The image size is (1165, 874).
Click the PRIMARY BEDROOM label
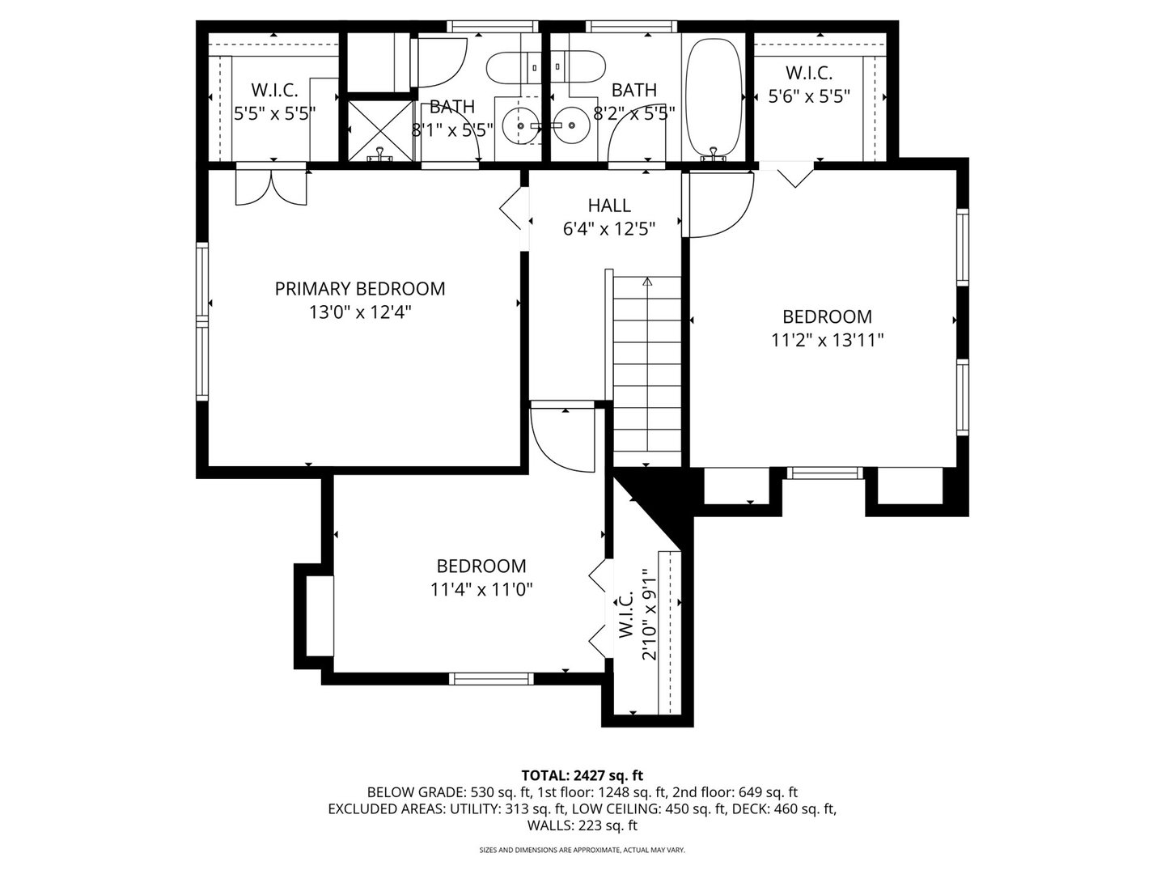click(x=360, y=289)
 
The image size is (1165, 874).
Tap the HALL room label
click(x=609, y=206)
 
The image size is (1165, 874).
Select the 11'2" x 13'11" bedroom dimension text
click(x=827, y=341)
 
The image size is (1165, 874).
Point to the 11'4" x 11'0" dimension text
click(x=481, y=590)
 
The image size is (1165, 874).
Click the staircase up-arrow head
click(x=647, y=282)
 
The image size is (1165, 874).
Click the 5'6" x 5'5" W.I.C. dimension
click(x=809, y=96)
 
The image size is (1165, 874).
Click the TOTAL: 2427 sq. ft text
click(x=582, y=775)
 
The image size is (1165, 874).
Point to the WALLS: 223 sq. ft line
click(x=582, y=825)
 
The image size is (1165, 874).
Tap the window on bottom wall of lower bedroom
click(x=491, y=678)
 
